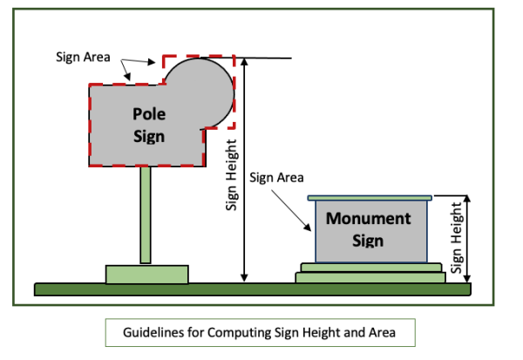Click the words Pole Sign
(148, 125)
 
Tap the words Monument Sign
(368, 228)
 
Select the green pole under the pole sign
(146, 214)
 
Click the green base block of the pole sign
(146, 274)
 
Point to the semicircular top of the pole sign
(202, 87)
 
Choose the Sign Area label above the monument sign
(276, 177)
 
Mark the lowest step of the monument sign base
(371, 277)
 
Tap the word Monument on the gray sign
(368, 218)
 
